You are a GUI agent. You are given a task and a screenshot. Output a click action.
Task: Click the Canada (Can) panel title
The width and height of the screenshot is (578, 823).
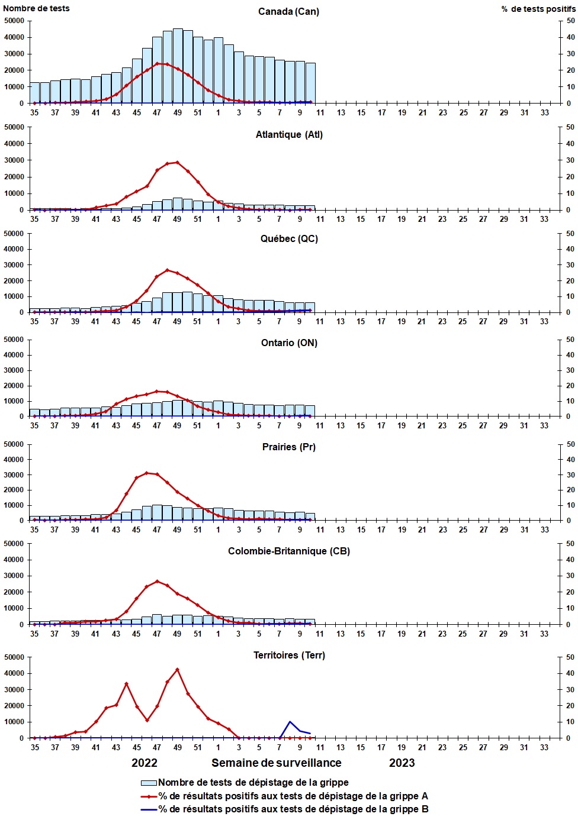288,12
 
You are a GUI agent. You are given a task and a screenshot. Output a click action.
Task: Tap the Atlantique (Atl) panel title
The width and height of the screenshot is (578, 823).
289,135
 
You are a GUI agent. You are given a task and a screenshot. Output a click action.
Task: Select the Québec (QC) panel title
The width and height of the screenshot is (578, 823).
289,239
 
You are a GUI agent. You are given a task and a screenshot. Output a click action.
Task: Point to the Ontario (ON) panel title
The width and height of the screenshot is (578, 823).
289,343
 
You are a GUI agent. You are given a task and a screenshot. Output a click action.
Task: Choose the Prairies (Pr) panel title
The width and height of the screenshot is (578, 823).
289,447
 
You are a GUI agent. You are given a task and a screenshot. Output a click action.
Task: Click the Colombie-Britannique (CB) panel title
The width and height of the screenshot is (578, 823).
289,551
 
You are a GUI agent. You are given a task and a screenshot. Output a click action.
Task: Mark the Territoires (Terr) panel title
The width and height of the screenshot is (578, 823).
289,656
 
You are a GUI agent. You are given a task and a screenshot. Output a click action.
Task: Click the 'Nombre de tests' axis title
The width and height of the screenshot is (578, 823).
36,8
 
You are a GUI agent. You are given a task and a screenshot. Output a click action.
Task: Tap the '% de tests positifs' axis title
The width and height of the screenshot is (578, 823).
538,9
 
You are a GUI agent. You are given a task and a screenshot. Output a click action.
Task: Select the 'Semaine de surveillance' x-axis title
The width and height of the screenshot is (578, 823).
276,763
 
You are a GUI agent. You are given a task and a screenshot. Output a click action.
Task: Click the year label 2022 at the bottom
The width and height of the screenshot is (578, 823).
144,763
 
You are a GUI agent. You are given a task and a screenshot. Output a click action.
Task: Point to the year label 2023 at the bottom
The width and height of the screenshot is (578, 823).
402,763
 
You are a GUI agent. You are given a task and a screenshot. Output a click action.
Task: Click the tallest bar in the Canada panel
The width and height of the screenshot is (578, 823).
178,65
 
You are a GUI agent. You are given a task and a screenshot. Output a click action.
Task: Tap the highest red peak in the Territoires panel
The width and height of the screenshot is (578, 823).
177,670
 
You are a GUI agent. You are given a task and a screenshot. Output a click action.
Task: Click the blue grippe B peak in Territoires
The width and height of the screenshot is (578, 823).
290,722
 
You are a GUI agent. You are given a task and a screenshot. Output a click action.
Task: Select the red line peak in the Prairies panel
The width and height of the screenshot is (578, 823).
147,473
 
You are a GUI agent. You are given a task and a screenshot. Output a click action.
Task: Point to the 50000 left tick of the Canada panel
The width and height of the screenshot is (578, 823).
14,21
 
